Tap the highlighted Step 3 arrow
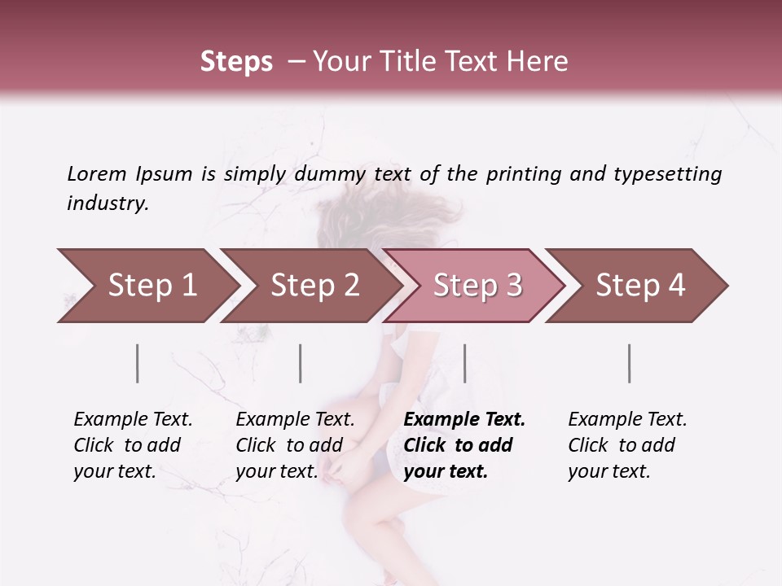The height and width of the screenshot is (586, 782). click(x=477, y=286)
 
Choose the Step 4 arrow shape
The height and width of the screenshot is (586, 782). click(x=640, y=286)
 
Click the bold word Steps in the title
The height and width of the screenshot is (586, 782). click(x=236, y=62)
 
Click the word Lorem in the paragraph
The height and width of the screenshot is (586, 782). click(x=97, y=174)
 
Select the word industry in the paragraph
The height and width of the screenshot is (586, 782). click(x=107, y=203)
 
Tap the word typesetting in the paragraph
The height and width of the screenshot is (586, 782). click(x=667, y=174)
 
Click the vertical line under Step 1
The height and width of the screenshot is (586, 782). click(x=138, y=363)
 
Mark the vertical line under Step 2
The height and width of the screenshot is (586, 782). click(x=301, y=363)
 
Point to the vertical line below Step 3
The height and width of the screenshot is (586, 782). click(x=464, y=363)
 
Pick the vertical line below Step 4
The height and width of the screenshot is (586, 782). click(x=630, y=363)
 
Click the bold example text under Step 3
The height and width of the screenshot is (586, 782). click(x=464, y=445)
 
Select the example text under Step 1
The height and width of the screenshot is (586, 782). click(x=133, y=445)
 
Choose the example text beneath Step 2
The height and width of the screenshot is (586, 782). click(x=295, y=445)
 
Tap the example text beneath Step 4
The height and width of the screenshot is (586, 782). click(x=627, y=445)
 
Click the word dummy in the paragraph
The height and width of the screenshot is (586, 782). click(x=332, y=174)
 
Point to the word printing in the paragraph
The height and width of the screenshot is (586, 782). click(x=522, y=174)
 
